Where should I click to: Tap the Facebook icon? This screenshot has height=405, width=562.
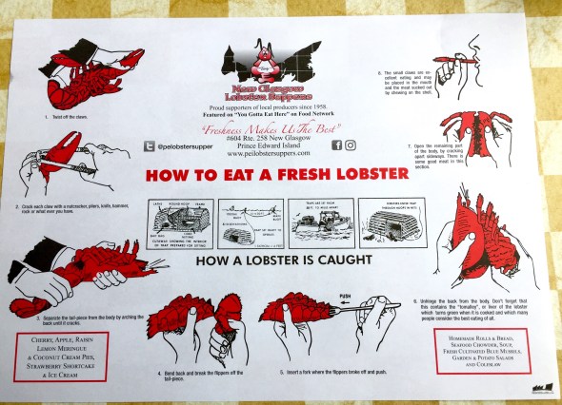coord(336,145)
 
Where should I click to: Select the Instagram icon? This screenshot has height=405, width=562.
coord(351,145)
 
